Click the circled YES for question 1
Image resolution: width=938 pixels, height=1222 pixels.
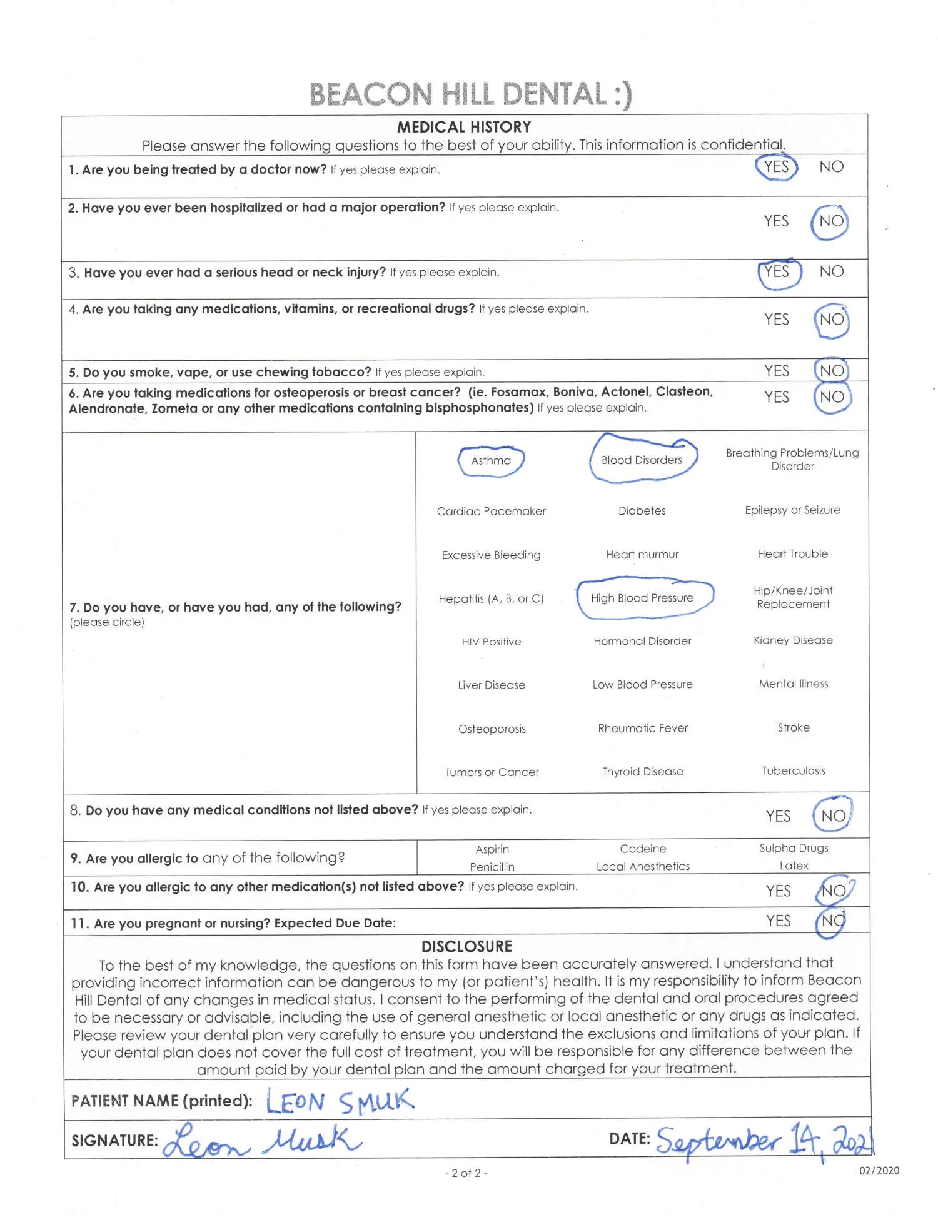click(x=776, y=167)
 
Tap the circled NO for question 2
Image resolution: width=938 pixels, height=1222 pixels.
click(x=830, y=221)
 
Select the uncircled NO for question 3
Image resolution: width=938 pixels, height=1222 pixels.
click(x=831, y=271)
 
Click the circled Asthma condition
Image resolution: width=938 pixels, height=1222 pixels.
click(x=491, y=461)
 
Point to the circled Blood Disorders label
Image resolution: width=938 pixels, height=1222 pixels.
click(x=642, y=460)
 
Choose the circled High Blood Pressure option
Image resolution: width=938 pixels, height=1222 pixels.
click(x=642, y=598)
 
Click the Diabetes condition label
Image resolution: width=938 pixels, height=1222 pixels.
click(x=642, y=511)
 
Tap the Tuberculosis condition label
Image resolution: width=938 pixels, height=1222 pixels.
click(x=793, y=771)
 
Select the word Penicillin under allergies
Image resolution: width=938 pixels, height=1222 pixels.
click(x=492, y=867)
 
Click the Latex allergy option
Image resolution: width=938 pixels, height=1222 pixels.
click(x=794, y=866)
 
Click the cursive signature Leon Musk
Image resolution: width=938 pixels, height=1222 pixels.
click(x=263, y=1141)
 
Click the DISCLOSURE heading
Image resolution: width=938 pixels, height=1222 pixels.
click(x=466, y=946)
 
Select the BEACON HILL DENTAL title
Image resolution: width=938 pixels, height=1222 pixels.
click(x=470, y=94)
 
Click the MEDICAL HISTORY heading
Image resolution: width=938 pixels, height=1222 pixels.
click(x=464, y=127)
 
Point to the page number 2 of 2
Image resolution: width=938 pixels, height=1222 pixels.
click(x=466, y=1173)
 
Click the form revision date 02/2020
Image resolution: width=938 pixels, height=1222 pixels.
click(x=879, y=1171)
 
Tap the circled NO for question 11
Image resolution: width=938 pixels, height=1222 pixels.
click(x=832, y=921)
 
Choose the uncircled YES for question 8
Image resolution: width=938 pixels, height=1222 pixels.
click(x=778, y=816)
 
